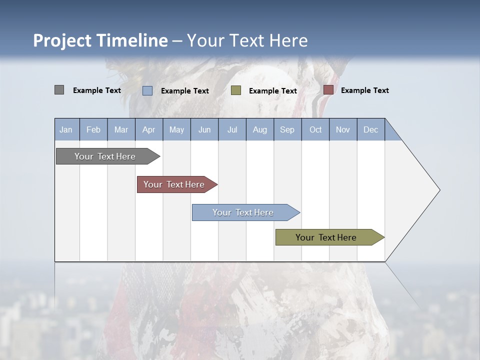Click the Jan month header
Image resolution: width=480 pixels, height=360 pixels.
[66, 129]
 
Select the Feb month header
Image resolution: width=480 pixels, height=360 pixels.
[93, 129]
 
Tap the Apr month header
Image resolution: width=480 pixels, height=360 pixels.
[148, 129]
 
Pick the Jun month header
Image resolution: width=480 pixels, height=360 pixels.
[204, 129]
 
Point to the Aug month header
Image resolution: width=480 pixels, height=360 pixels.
[259, 129]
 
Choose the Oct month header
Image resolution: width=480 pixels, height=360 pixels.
[315, 129]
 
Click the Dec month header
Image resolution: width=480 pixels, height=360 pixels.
[370, 129]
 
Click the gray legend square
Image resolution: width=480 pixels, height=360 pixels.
[59, 90]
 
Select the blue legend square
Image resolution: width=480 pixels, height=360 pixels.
[147, 90]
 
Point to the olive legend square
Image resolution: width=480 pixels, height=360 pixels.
[236, 90]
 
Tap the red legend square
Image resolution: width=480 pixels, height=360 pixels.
[328, 90]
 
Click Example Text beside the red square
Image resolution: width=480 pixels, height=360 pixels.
[364, 90]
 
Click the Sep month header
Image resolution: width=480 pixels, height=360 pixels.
[287, 129]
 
